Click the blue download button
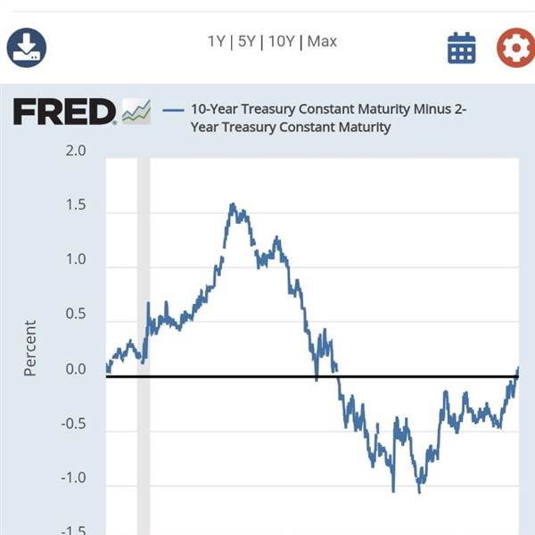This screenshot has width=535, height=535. pyautogui.click(x=27, y=47)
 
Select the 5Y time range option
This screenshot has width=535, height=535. pyautogui.click(x=247, y=41)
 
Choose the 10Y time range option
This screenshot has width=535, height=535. pyautogui.click(x=281, y=41)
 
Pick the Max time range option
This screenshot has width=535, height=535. pyautogui.click(x=322, y=41)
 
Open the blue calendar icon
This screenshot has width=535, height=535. pyautogui.click(x=462, y=48)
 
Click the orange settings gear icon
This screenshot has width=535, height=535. pyautogui.click(x=515, y=48)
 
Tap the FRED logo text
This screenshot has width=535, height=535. pyautogui.click(x=64, y=112)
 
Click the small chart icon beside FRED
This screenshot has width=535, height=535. pyautogui.click(x=136, y=111)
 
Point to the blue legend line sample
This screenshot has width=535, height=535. pyautogui.click(x=174, y=110)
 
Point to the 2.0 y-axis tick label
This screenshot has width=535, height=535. pyautogui.click(x=76, y=151)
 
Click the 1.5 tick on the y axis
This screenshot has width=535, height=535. pyautogui.click(x=76, y=206)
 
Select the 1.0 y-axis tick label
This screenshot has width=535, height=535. pyautogui.click(x=76, y=260)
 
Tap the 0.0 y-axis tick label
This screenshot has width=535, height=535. pyautogui.click(x=76, y=370)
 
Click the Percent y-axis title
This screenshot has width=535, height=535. pyautogui.click(x=30, y=348)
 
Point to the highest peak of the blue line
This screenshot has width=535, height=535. pyautogui.click(x=233, y=204)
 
